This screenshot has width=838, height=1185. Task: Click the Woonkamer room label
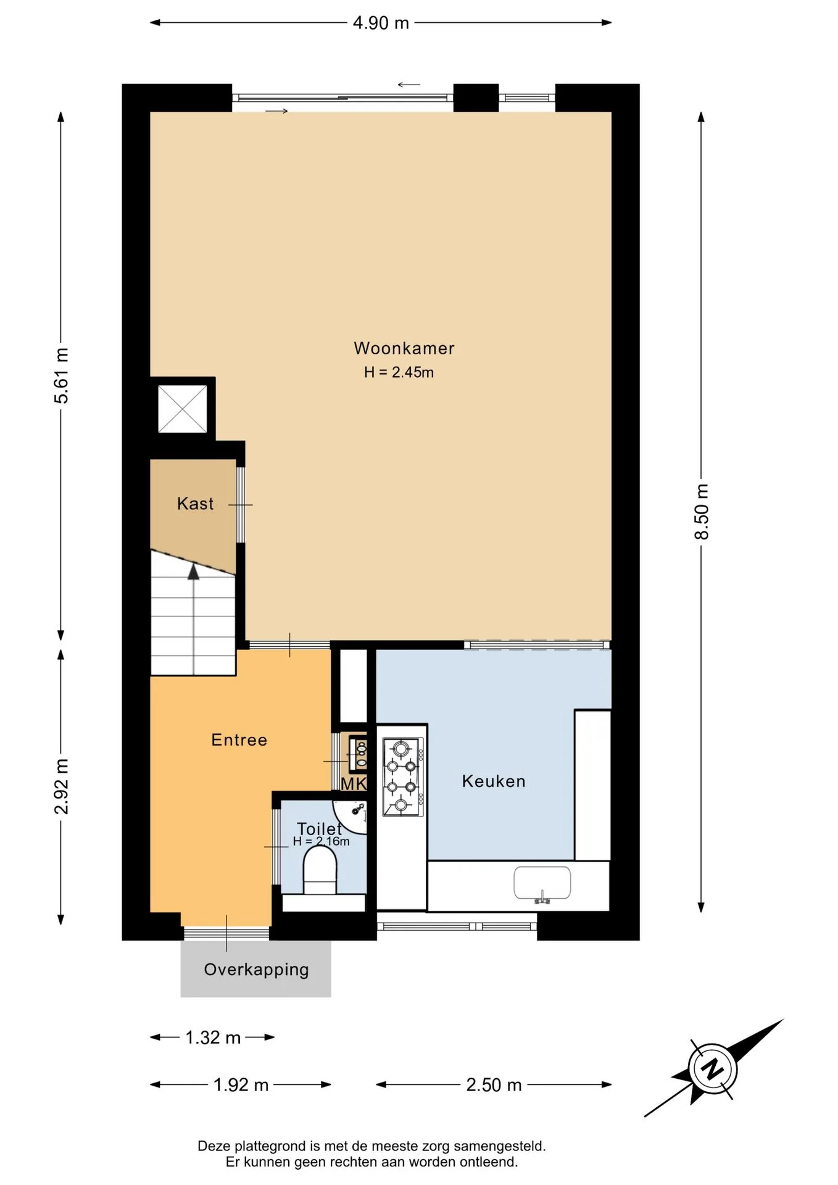[x=404, y=348]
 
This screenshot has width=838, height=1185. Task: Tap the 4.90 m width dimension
[x=381, y=23]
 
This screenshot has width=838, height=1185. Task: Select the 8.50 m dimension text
[x=702, y=512]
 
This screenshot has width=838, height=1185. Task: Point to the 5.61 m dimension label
[x=61, y=375]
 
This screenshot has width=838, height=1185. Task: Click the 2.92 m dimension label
[x=61, y=786]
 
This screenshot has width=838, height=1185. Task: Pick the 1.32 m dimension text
[x=213, y=1037]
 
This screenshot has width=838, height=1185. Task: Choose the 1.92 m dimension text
[x=241, y=1085]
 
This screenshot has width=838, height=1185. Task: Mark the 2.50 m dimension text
[x=494, y=1085]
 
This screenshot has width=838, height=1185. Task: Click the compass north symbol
[x=713, y=1068]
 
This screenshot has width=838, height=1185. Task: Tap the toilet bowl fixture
[x=320, y=870]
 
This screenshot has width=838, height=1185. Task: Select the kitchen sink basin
[x=542, y=883]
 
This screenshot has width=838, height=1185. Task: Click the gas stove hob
[x=403, y=777]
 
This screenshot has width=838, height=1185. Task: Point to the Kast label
[x=195, y=504]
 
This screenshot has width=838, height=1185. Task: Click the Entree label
[x=239, y=740]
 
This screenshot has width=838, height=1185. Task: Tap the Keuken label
[x=494, y=781]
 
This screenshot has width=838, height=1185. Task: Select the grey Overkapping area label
[x=256, y=970]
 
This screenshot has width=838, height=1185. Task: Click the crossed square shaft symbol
[x=183, y=409]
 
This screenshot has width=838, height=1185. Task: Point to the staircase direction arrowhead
[x=194, y=572]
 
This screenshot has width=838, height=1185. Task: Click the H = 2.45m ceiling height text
[x=399, y=372]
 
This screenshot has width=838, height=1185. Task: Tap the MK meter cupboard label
[x=354, y=784]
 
